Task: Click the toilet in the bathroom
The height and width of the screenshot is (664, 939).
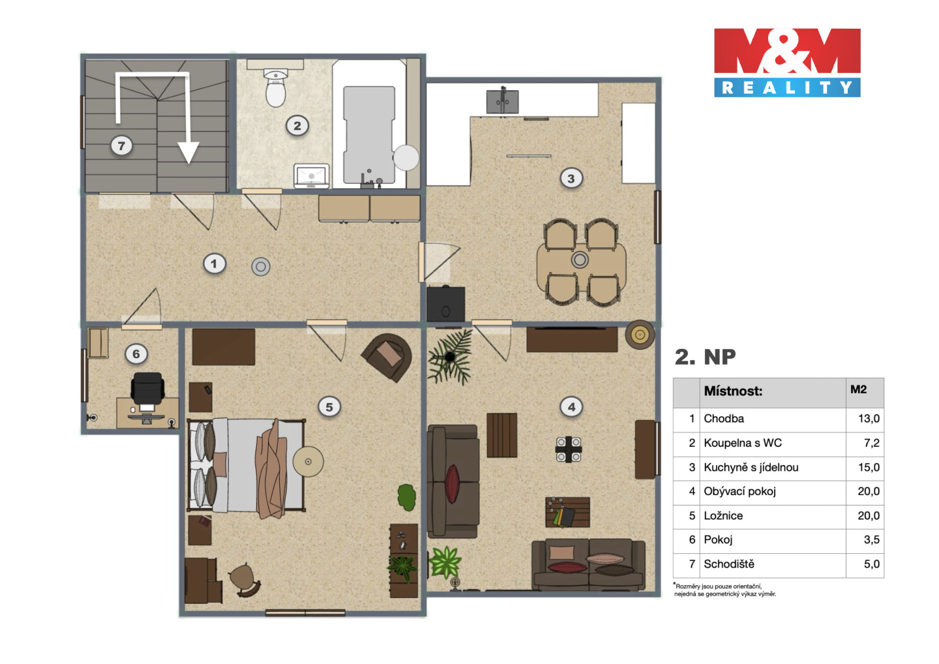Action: click(275, 87)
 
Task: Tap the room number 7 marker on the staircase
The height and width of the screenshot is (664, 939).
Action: click(121, 146)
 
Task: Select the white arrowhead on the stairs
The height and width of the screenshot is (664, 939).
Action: click(188, 153)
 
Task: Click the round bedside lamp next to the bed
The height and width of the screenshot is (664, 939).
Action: click(308, 462)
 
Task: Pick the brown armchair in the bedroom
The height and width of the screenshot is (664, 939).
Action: click(387, 357)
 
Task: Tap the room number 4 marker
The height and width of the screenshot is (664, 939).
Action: click(571, 406)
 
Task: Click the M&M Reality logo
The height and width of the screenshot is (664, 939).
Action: click(787, 63)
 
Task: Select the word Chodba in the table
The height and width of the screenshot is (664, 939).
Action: click(724, 418)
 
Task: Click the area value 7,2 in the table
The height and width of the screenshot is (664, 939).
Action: click(871, 443)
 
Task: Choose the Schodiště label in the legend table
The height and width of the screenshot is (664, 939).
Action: click(729, 564)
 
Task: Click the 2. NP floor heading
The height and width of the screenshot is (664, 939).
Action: click(705, 357)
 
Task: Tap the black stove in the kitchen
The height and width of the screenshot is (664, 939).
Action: click(445, 304)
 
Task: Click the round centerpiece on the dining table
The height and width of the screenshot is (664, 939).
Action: click(580, 260)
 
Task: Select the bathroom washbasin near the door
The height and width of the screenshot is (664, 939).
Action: click(311, 176)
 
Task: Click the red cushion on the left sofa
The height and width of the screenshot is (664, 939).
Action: click(452, 483)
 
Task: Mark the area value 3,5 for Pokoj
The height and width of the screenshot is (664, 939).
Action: click(871, 539)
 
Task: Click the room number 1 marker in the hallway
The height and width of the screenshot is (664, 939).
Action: click(214, 264)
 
